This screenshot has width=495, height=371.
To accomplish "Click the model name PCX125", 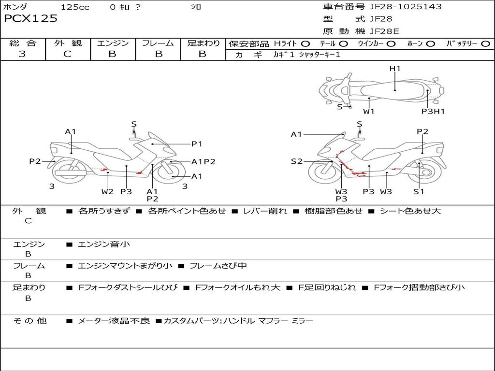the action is tap(30, 18).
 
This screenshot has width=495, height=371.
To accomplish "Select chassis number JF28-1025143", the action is tap(406, 7).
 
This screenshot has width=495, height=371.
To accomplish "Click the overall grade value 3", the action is tap(22, 54).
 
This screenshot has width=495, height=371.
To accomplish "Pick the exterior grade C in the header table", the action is tap(67, 54).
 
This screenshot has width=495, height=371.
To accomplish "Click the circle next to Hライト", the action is tap(306, 44).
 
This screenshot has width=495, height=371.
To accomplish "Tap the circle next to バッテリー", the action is tap(485, 44).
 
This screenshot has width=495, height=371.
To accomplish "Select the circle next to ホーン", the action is tap(431, 44).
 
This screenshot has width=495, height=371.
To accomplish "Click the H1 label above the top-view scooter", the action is tap(394, 69).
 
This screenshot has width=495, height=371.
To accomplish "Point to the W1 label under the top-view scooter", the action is tap(368, 111).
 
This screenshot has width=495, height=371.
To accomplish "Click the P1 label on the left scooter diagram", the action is tap(197, 144).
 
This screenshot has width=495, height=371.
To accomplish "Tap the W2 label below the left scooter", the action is tap(107, 191).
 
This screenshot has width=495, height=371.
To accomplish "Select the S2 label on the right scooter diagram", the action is tap(296, 161).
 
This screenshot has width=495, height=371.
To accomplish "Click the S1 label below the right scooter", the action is tap(419, 191).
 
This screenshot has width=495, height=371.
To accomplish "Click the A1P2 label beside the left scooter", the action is tap(204, 162).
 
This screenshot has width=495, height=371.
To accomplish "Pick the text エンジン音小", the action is tap(104, 244).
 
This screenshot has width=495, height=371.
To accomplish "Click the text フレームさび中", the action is tap(218, 266).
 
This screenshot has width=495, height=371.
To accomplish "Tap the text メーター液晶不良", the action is tap(114, 321).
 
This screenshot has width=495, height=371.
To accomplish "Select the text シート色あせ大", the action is tap(410, 211).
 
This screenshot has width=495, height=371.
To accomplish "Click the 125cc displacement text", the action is tap(75, 7).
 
